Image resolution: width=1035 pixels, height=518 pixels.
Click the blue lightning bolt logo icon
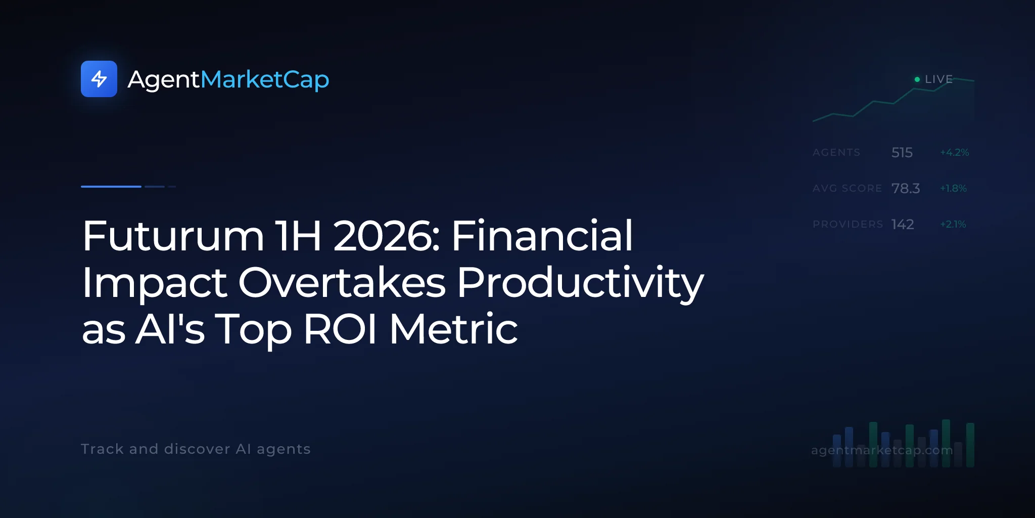click(99, 79)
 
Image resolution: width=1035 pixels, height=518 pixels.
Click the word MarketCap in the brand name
click(265, 80)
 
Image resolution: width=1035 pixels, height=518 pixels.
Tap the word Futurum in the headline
click(173, 236)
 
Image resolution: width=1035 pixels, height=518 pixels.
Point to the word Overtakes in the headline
click(342, 282)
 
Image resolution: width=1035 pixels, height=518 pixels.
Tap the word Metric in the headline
click(453, 328)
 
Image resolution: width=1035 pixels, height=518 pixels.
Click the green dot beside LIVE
click(917, 79)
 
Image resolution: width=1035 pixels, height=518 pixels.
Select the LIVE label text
click(938, 79)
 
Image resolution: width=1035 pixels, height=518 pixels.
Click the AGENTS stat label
click(836, 152)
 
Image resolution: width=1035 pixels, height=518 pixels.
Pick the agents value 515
click(902, 152)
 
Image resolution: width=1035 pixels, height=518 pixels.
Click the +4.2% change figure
click(954, 152)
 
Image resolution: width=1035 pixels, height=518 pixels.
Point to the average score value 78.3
click(906, 188)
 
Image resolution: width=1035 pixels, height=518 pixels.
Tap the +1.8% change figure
click(953, 188)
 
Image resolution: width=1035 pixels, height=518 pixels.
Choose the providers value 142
click(903, 224)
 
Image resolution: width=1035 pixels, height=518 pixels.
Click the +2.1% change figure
click(953, 224)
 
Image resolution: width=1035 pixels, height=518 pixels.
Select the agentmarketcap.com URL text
click(882, 450)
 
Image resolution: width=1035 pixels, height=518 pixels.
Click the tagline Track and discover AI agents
click(196, 449)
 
